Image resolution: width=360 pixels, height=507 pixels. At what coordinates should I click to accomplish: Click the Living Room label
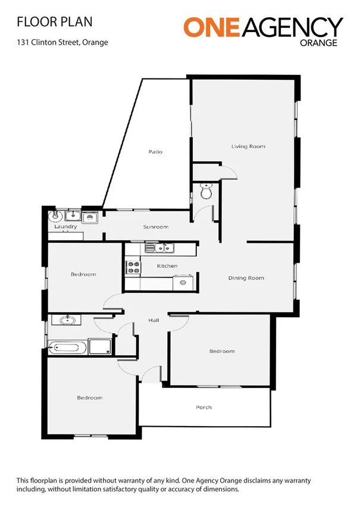pyautogui.click(x=248, y=146)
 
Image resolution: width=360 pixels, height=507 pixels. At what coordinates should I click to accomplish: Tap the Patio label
pyautogui.click(x=155, y=152)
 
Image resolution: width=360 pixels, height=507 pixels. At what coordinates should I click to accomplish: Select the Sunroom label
pyautogui.click(x=155, y=227)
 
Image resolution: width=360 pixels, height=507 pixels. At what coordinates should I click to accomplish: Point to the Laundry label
pyautogui.click(x=65, y=227)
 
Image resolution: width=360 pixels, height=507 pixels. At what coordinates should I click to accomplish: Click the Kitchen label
pyautogui.click(x=167, y=265)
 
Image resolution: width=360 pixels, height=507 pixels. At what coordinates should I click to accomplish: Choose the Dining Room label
pyautogui.click(x=246, y=278)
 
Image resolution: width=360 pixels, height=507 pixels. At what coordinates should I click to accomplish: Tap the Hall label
pyautogui.click(x=154, y=321)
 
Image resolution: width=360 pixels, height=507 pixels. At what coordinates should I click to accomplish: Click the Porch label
pyautogui.click(x=204, y=408)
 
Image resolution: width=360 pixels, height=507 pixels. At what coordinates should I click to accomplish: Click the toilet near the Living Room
pyautogui.click(x=206, y=193)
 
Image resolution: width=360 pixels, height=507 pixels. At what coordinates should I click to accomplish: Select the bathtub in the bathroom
pyautogui.click(x=67, y=347)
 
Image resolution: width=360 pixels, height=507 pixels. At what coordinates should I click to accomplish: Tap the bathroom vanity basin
pyautogui.click(x=67, y=321)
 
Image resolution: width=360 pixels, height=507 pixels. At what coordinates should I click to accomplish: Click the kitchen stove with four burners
pyautogui.click(x=133, y=268)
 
